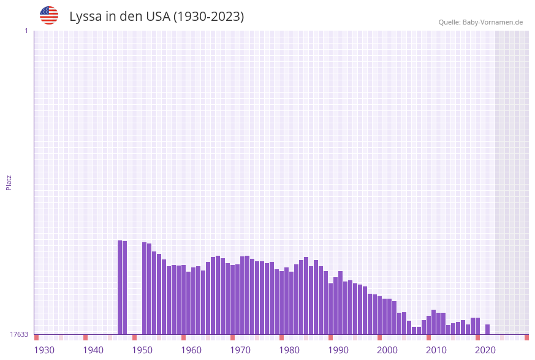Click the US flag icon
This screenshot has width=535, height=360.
49,15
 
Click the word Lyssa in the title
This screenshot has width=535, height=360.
85,17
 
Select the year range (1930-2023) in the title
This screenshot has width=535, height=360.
208,17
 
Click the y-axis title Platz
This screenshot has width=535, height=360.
9,183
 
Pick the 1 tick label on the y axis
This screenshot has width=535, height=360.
26,31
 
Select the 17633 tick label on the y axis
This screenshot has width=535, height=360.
19,334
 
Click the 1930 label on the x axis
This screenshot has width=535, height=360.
44,350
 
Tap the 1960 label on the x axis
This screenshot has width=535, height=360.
191,350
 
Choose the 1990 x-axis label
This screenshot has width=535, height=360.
338,350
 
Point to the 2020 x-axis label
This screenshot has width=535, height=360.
485,350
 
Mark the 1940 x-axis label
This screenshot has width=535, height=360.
93,350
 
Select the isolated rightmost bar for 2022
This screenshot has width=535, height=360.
487,329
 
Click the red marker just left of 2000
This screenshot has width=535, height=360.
379,337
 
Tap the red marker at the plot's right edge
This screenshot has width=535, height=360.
526,337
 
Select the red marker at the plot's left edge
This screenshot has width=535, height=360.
37,337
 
